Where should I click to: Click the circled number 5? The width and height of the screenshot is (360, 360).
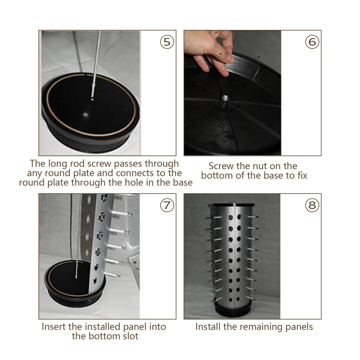[x=167, y=42]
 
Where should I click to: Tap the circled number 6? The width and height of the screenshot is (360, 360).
[x=312, y=42]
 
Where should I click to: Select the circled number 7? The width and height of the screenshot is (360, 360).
[x=167, y=205]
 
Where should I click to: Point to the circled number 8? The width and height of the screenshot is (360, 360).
[x=312, y=205]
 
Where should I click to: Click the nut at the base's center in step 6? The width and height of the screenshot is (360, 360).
[x=225, y=98]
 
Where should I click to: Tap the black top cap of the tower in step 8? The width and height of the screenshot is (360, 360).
[x=233, y=205]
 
